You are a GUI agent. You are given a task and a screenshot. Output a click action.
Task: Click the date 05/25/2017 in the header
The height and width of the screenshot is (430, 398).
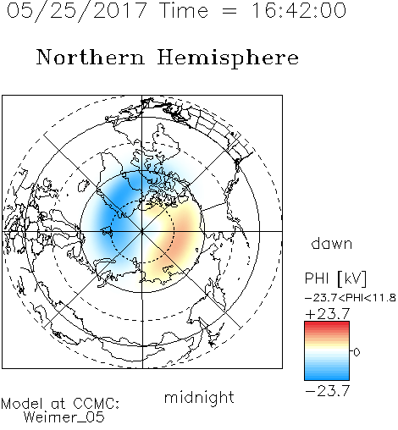(x=77, y=10)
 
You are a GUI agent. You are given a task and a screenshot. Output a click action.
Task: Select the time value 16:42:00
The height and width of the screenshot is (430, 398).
(x=298, y=10)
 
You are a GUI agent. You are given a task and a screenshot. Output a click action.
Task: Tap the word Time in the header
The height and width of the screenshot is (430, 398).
(x=184, y=10)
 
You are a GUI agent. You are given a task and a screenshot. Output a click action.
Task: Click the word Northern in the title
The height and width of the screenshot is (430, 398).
(x=90, y=57)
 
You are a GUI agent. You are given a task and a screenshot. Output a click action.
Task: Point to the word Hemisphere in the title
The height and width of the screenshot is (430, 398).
(x=228, y=58)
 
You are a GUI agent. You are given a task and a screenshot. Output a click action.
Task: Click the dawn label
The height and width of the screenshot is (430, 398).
(x=331, y=243)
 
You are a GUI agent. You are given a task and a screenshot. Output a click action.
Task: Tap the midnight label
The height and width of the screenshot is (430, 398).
(x=199, y=398)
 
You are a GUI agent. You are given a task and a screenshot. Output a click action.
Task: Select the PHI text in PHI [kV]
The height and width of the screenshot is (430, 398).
(x=317, y=278)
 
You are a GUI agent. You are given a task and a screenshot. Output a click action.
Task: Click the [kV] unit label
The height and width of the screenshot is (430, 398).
(x=352, y=278)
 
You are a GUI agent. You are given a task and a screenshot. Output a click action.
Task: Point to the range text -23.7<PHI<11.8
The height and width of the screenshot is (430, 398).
(x=351, y=298)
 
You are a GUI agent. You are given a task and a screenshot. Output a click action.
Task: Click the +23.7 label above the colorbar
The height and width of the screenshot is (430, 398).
(x=328, y=314)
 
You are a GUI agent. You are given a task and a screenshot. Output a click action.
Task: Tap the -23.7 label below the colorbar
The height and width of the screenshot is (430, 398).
(x=328, y=391)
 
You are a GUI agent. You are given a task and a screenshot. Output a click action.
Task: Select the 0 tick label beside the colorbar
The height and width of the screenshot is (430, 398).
(x=357, y=352)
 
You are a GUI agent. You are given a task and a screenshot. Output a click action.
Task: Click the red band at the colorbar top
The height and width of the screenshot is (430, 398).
(x=327, y=326)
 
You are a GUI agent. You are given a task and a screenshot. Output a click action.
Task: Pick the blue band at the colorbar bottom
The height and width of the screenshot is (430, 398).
(x=327, y=375)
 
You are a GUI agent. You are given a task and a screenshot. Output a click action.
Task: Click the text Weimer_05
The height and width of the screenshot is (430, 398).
(x=64, y=417)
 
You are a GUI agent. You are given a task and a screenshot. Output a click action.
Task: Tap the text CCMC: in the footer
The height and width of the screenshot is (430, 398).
(x=96, y=404)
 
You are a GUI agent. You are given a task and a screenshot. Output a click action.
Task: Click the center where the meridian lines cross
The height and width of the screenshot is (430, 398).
(x=142, y=231)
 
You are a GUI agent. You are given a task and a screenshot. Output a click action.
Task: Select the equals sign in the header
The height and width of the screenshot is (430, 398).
(x=229, y=11)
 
